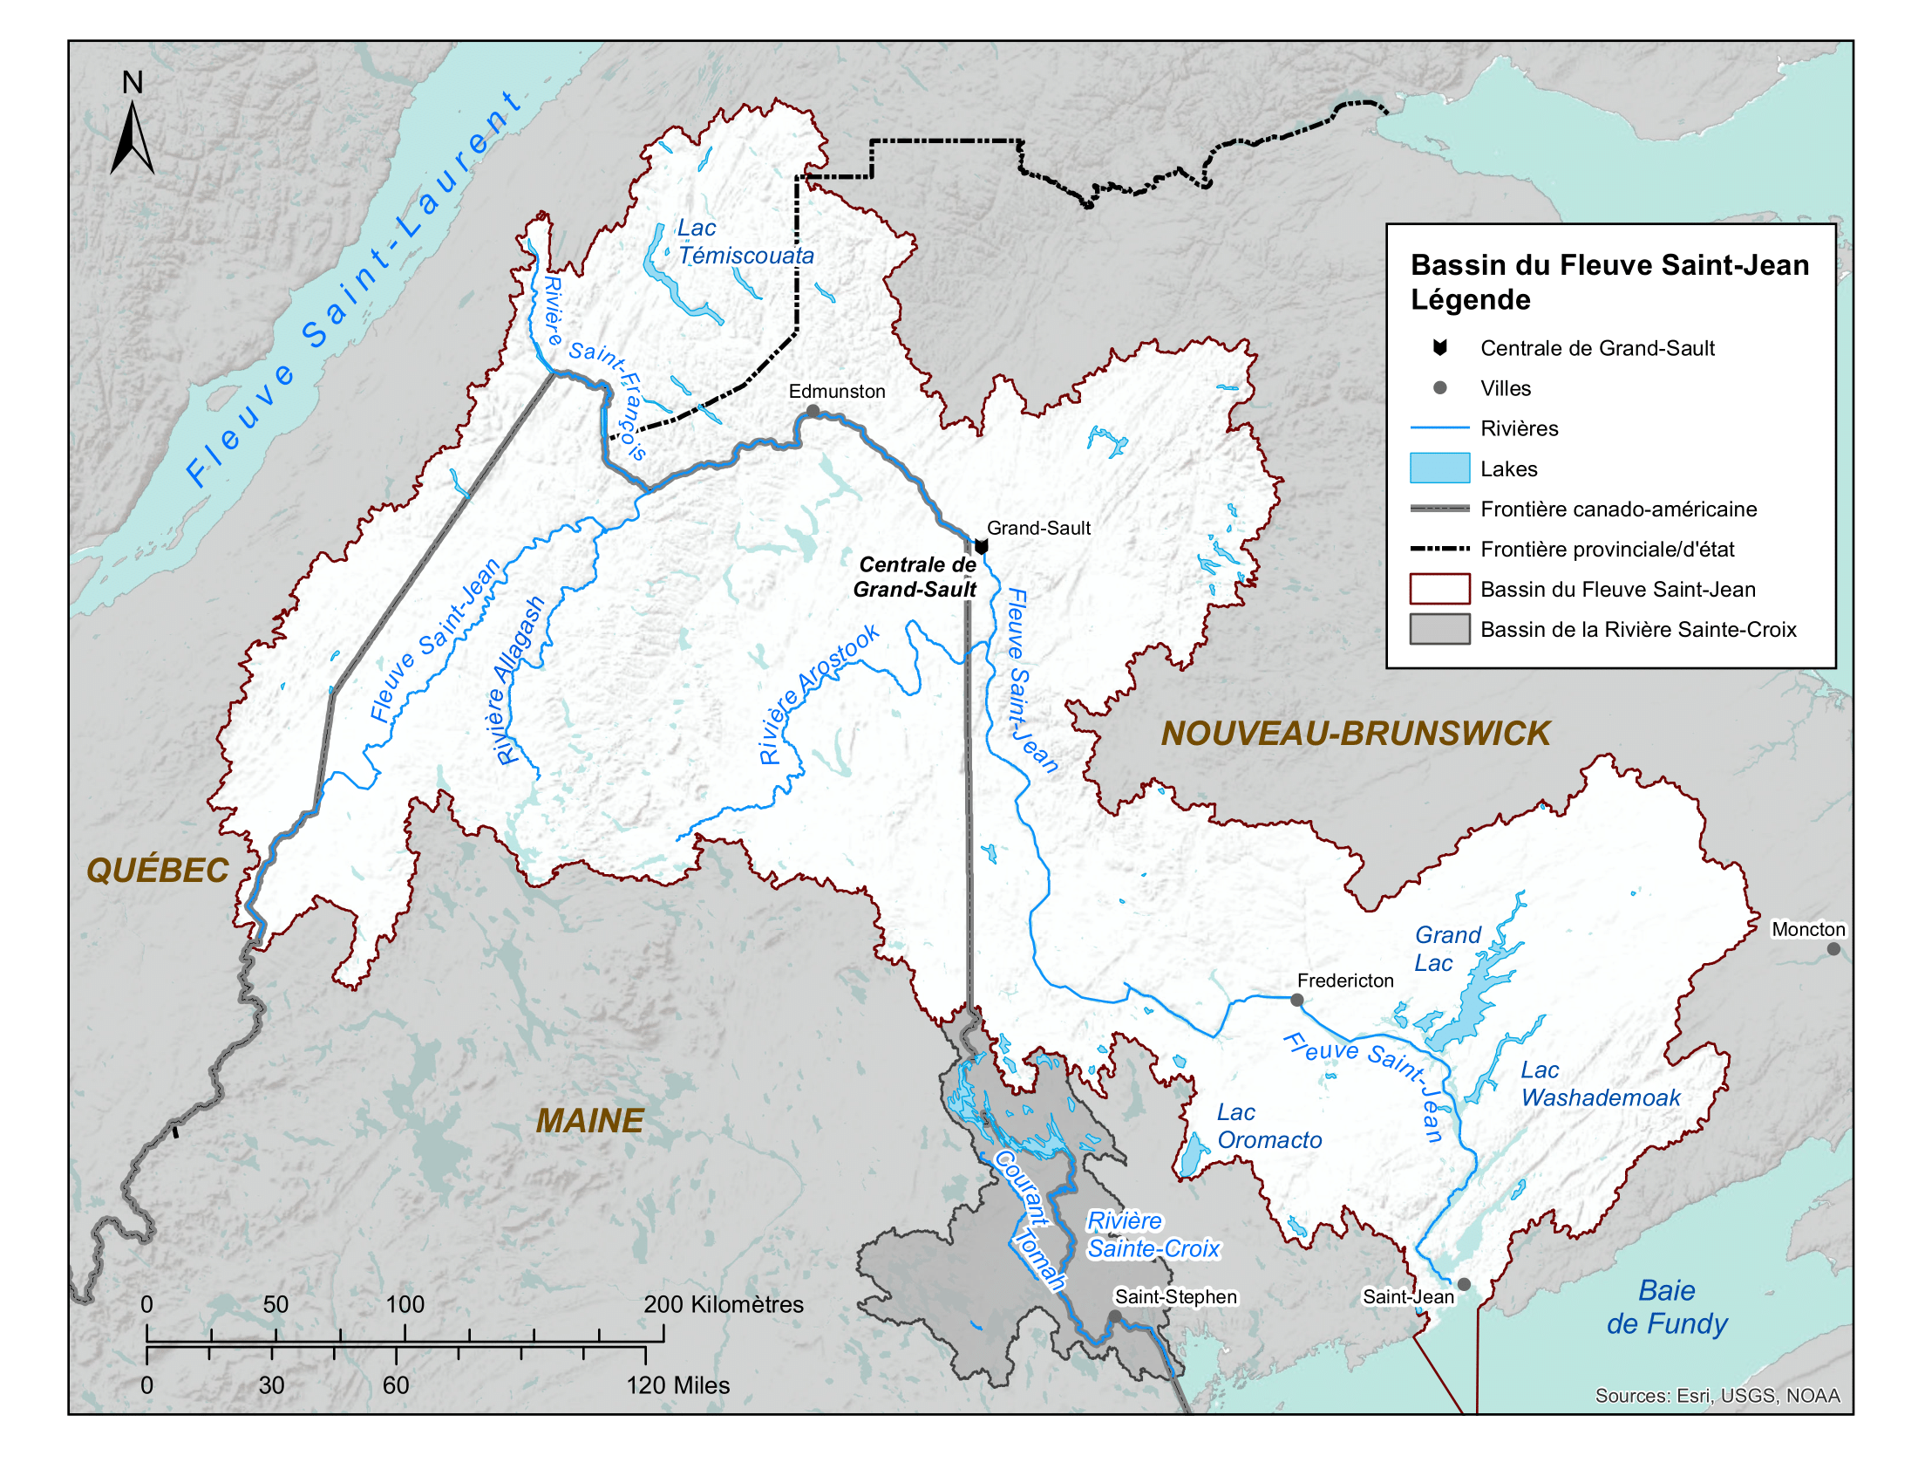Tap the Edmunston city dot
coord(813,411)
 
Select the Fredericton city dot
coord(1296,1000)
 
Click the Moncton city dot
coord(1833,949)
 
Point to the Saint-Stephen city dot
coord(1114,1316)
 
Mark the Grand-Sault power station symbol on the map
coord(982,546)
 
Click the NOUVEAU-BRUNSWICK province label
coord(1355,734)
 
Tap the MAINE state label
coord(589,1121)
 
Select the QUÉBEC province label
coord(157,871)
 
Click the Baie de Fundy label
coord(1666,1307)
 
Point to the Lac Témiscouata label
coord(745,242)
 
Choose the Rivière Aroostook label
coord(818,694)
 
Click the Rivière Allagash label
coord(519,681)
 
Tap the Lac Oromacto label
coord(1268,1126)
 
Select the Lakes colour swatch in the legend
coord(1439,468)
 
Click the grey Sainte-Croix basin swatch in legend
coord(1439,629)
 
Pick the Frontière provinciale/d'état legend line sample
coord(1439,549)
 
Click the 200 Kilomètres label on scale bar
coord(723,1304)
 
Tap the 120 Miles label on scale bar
coord(677,1385)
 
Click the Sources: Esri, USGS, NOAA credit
coord(1717,1396)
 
